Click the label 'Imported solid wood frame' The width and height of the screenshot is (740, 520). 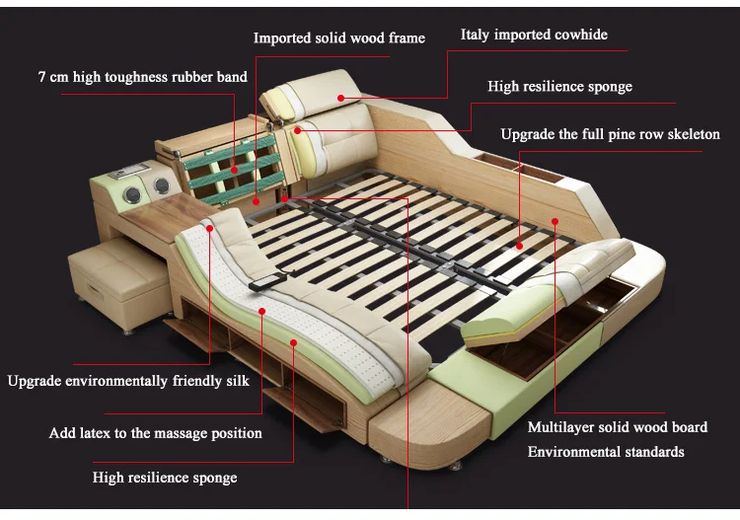pos(338,38)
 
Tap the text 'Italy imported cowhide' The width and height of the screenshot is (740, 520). pos(534,35)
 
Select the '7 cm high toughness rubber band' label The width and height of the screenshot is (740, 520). pos(143,77)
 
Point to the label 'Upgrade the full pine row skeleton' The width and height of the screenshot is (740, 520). pos(610,134)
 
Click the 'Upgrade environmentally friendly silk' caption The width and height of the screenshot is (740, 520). pos(128,381)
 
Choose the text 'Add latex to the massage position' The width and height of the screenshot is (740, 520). pos(156,433)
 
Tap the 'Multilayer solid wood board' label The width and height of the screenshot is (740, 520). pos(617,427)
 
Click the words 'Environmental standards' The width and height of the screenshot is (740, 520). pos(605,452)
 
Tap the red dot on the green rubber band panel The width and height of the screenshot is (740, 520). pos(234,169)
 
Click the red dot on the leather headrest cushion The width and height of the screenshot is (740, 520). pos(339,98)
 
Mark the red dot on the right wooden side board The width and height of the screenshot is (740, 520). pos(555,221)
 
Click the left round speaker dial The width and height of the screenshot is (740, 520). pos(128,197)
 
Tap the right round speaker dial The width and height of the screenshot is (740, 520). pos(158,186)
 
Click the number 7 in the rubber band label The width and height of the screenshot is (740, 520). pos(42,77)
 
